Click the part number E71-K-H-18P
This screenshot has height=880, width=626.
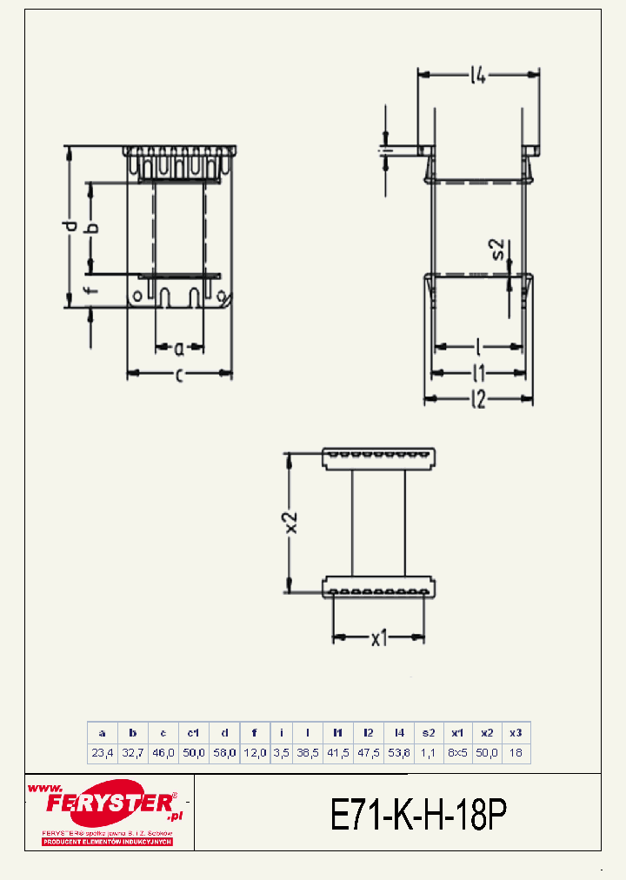pyautogui.click(x=418, y=815)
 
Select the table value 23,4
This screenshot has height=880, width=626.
pyautogui.click(x=103, y=753)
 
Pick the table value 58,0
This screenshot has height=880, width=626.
pyautogui.click(x=223, y=753)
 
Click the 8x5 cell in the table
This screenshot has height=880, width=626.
pyautogui.click(x=456, y=753)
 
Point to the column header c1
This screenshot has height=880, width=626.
pyautogui.click(x=193, y=732)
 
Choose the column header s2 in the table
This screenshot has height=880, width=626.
pyautogui.click(x=428, y=732)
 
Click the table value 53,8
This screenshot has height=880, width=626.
pyautogui.click(x=398, y=753)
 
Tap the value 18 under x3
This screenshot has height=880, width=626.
pyautogui.click(x=516, y=753)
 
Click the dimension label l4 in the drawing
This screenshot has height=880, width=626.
pyautogui.click(x=477, y=76)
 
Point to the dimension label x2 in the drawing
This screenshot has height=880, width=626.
pyautogui.click(x=291, y=522)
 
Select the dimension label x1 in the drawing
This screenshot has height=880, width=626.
pyautogui.click(x=379, y=639)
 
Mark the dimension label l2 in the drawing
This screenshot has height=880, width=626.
pyautogui.click(x=477, y=400)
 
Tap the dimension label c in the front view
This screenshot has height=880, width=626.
pyautogui.click(x=179, y=375)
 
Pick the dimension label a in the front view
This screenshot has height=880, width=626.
pyautogui.click(x=179, y=349)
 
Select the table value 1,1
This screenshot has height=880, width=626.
pyautogui.click(x=428, y=753)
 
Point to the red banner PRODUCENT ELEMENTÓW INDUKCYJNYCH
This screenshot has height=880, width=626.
pyautogui.click(x=108, y=842)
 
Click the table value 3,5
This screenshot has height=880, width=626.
pyautogui.click(x=281, y=753)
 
